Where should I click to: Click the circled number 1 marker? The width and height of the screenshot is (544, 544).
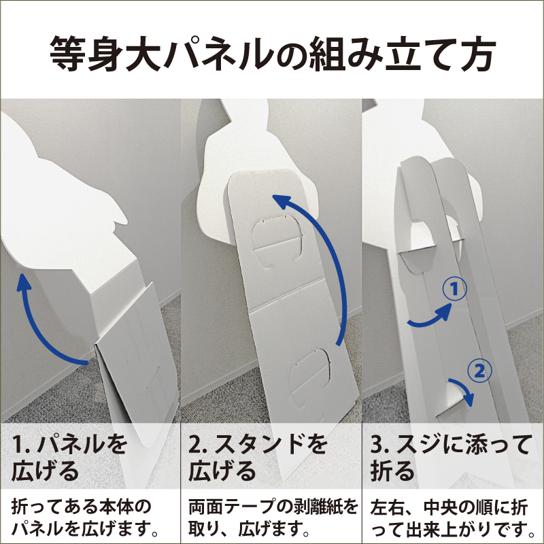coord(454,289)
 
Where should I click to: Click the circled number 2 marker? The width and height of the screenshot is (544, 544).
coord(479,371)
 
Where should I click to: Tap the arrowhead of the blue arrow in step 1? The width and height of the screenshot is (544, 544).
coord(24,280)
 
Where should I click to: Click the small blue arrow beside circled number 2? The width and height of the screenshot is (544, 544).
coord(463,390)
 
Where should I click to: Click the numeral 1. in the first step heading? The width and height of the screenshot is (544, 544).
coord(22,445)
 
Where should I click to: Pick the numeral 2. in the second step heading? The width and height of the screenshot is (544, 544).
coord(199,445)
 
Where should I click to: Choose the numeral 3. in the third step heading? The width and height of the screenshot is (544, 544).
coord(381,445)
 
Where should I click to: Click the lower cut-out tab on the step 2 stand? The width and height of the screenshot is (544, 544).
coord(310,377)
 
